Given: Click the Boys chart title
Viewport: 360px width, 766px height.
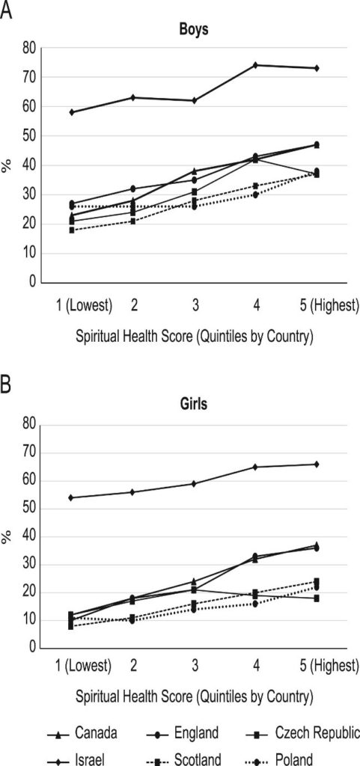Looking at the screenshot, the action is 194,29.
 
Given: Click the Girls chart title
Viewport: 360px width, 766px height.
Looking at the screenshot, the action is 193,405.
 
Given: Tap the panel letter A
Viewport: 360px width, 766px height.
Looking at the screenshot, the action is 6,10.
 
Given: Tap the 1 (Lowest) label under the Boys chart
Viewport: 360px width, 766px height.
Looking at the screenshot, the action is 84,307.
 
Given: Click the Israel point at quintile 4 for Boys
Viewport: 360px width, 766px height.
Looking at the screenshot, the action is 255,65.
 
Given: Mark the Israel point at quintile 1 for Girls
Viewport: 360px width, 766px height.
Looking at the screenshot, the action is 71,497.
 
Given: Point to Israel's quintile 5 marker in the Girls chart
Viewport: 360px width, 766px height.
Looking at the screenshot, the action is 317,464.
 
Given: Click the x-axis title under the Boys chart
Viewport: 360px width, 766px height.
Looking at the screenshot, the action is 194,336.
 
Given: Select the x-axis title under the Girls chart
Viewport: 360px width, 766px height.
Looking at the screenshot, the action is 194,695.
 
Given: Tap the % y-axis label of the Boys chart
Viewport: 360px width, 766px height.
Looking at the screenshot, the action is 7,165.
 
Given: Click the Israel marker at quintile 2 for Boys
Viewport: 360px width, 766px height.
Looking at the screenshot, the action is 133,97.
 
